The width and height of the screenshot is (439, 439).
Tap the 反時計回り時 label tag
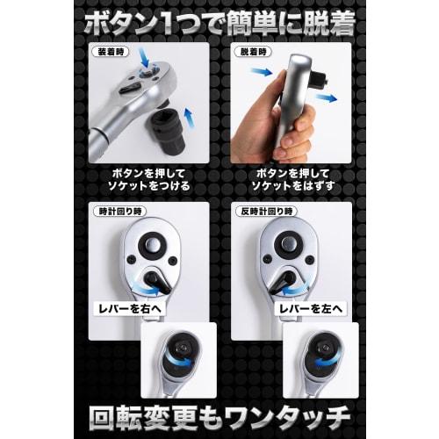coord(261,213)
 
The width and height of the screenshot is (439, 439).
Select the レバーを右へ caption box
coord(133,307)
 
